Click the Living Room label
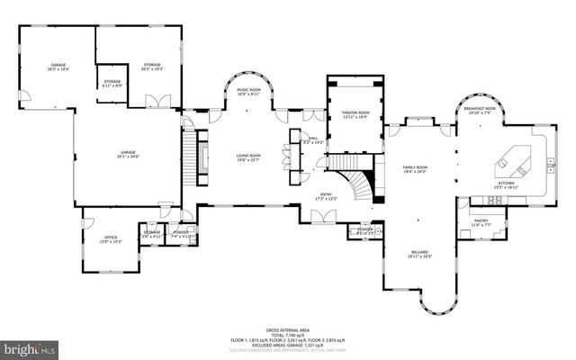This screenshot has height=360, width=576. (x=248, y=158)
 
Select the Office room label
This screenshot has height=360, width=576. (x=109, y=238)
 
